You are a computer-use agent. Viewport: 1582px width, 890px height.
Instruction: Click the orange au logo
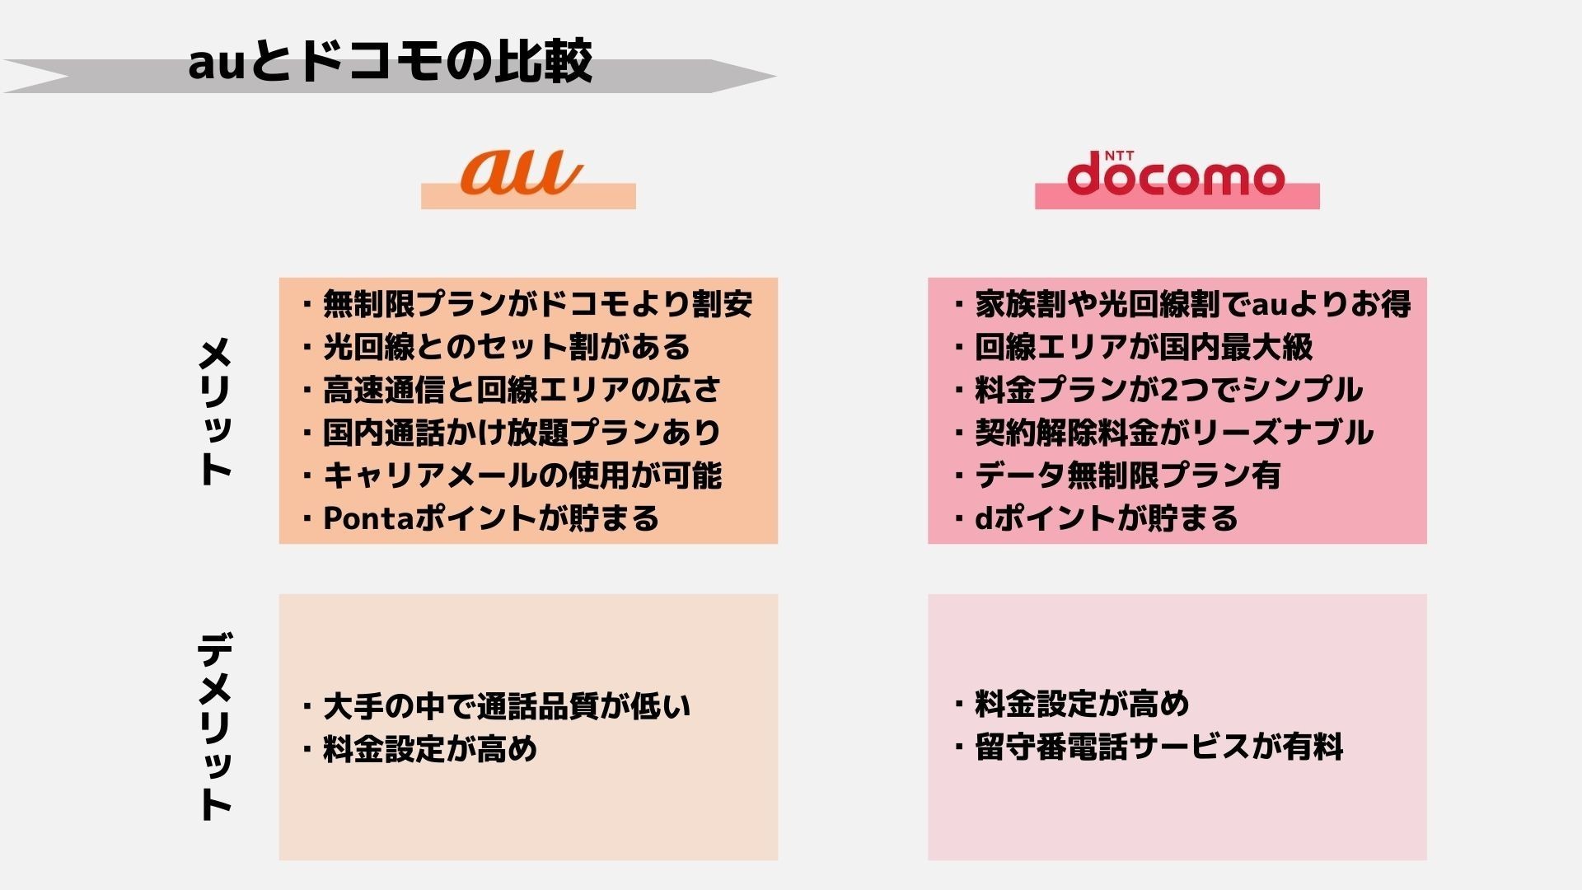pyautogui.click(x=522, y=171)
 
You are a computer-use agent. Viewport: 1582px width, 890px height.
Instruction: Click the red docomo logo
pyautogui.click(x=1176, y=174)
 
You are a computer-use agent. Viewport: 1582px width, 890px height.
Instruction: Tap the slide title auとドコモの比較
pyautogui.click(x=390, y=61)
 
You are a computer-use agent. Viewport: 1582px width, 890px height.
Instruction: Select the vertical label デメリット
pyautogui.click(x=215, y=726)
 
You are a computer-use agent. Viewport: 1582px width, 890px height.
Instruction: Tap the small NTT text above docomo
pyautogui.click(x=1119, y=155)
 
